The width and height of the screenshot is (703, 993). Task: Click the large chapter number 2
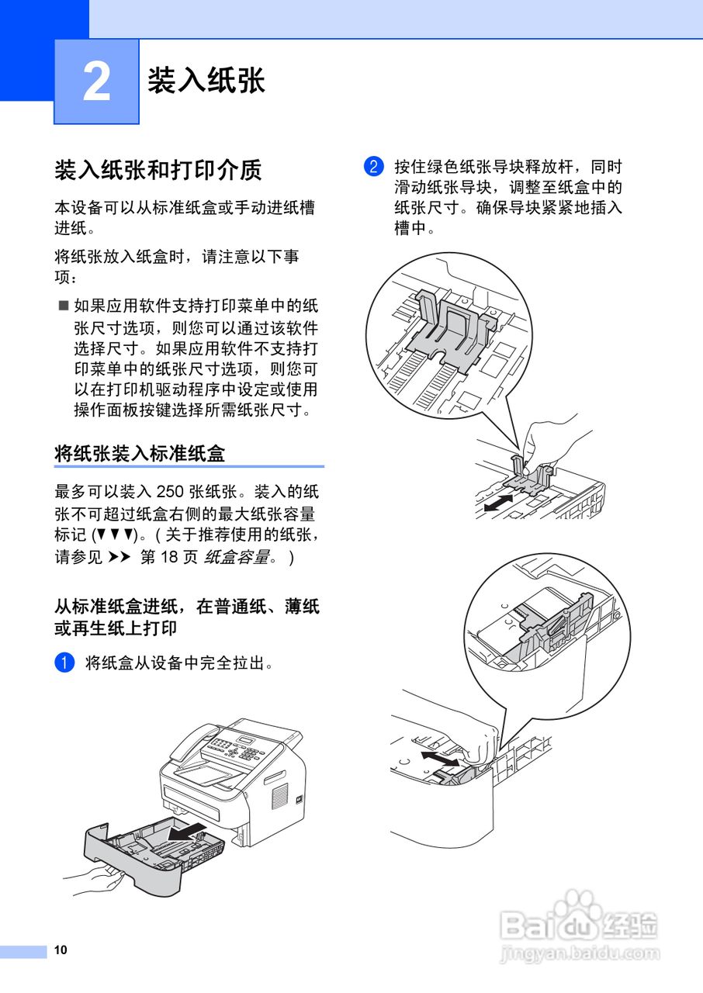click(x=96, y=82)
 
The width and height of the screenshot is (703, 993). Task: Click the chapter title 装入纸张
click(x=206, y=81)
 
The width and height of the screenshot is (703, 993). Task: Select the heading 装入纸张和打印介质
click(x=158, y=169)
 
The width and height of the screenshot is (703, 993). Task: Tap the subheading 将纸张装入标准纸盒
click(x=140, y=453)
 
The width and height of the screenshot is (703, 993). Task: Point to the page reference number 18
click(x=169, y=558)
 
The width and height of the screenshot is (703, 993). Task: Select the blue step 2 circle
click(x=373, y=167)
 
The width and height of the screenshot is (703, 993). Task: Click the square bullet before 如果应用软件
click(x=64, y=306)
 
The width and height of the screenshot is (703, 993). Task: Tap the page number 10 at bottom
click(x=61, y=950)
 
